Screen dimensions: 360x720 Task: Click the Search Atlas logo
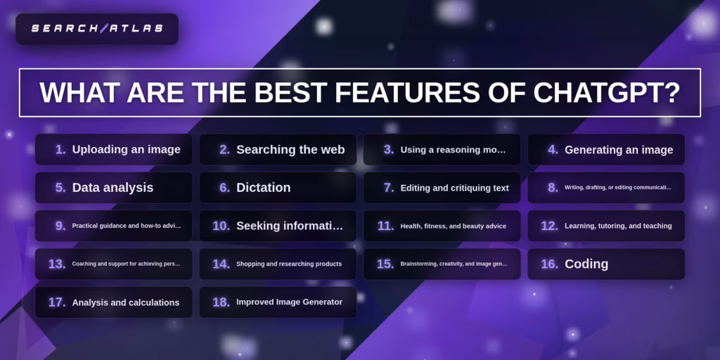97,29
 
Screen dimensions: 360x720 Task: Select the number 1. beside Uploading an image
60,150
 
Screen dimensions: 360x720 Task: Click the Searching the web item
290,150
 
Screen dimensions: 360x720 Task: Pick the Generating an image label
619,150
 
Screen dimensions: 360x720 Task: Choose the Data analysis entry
112,188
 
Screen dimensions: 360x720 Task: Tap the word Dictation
263,188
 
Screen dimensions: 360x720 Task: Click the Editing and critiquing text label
454,188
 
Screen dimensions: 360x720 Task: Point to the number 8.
553,188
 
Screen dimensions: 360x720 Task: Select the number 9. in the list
60,226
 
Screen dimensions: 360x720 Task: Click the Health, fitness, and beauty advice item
453,226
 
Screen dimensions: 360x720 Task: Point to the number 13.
57,264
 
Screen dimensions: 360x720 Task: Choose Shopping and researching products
289,264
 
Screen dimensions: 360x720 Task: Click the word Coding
586,264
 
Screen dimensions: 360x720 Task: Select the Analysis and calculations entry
125,302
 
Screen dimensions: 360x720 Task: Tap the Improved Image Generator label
289,302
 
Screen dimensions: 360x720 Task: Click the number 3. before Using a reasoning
389,150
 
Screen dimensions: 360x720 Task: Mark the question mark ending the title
671,93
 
